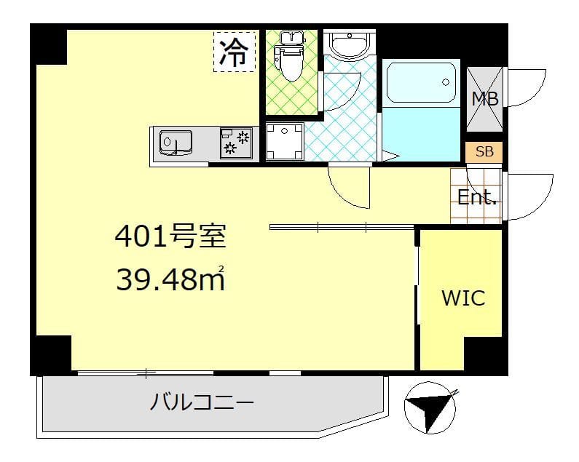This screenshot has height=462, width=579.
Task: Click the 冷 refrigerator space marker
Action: coord(235,51)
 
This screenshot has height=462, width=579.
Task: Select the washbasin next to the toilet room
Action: coord(349,45)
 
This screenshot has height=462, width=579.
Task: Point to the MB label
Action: coord(485,100)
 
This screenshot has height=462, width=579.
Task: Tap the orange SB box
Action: coord(484,153)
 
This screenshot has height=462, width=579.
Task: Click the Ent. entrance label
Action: coord(477,196)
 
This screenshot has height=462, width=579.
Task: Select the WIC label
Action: coord(463,298)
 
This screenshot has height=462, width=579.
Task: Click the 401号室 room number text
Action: coord(170,236)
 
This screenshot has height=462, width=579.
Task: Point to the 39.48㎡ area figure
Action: coord(170,278)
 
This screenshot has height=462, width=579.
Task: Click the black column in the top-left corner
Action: coord(48,43)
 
